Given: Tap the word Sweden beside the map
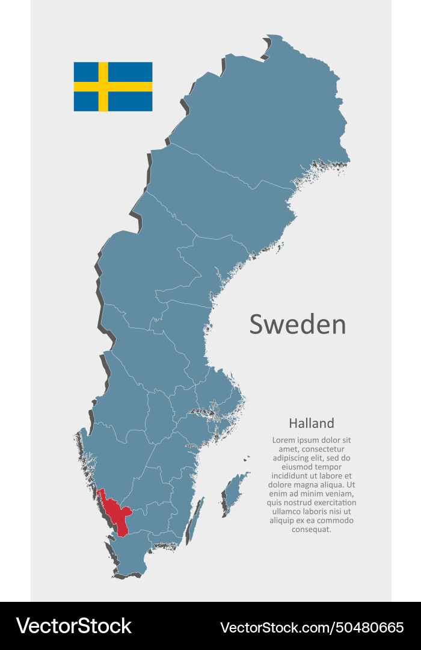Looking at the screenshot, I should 298,324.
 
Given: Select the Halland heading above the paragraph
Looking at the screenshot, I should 311,423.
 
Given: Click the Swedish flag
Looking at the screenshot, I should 113,87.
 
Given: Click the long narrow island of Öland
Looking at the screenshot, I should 194,521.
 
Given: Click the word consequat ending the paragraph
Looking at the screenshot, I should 312,530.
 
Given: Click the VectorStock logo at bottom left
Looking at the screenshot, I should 73,626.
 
